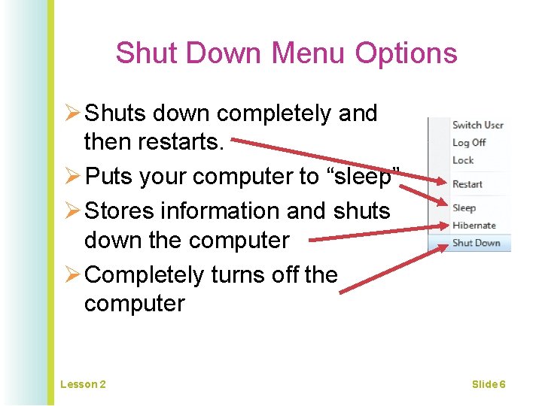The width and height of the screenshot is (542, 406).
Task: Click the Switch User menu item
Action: click(x=477, y=125)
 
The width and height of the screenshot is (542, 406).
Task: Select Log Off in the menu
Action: click(x=469, y=142)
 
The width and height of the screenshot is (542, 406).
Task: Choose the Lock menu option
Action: click(x=463, y=160)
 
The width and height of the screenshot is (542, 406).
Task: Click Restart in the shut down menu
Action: click(x=467, y=184)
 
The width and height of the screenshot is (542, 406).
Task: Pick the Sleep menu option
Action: click(x=464, y=208)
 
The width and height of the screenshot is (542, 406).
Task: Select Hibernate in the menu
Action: click(x=473, y=225)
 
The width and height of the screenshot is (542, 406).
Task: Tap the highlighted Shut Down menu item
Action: click(x=476, y=243)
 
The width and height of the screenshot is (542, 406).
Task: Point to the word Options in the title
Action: click(x=406, y=53)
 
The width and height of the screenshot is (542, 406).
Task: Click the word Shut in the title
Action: click(x=147, y=53)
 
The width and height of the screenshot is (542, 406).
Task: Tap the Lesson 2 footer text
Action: click(x=83, y=384)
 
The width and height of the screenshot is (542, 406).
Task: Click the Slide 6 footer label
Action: click(x=489, y=384)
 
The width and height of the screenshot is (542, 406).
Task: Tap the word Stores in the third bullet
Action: click(x=120, y=211)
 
